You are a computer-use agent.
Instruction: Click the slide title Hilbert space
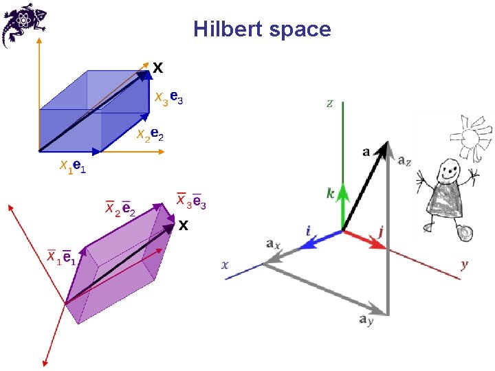[x=262, y=30]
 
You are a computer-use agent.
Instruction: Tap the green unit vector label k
[x=331, y=194]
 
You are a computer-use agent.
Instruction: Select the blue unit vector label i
[x=308, y=231]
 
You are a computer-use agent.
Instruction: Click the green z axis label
[x=330, y=104]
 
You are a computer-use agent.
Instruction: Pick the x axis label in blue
[x=225, y=264]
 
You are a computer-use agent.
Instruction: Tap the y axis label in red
[x=465, y=263]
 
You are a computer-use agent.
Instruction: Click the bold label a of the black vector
[x=366, y=151]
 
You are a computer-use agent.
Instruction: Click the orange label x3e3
[x=168, y=99]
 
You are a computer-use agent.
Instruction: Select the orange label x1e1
[x=73, y=166]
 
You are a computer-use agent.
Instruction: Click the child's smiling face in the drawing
[x=450, y=169]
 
